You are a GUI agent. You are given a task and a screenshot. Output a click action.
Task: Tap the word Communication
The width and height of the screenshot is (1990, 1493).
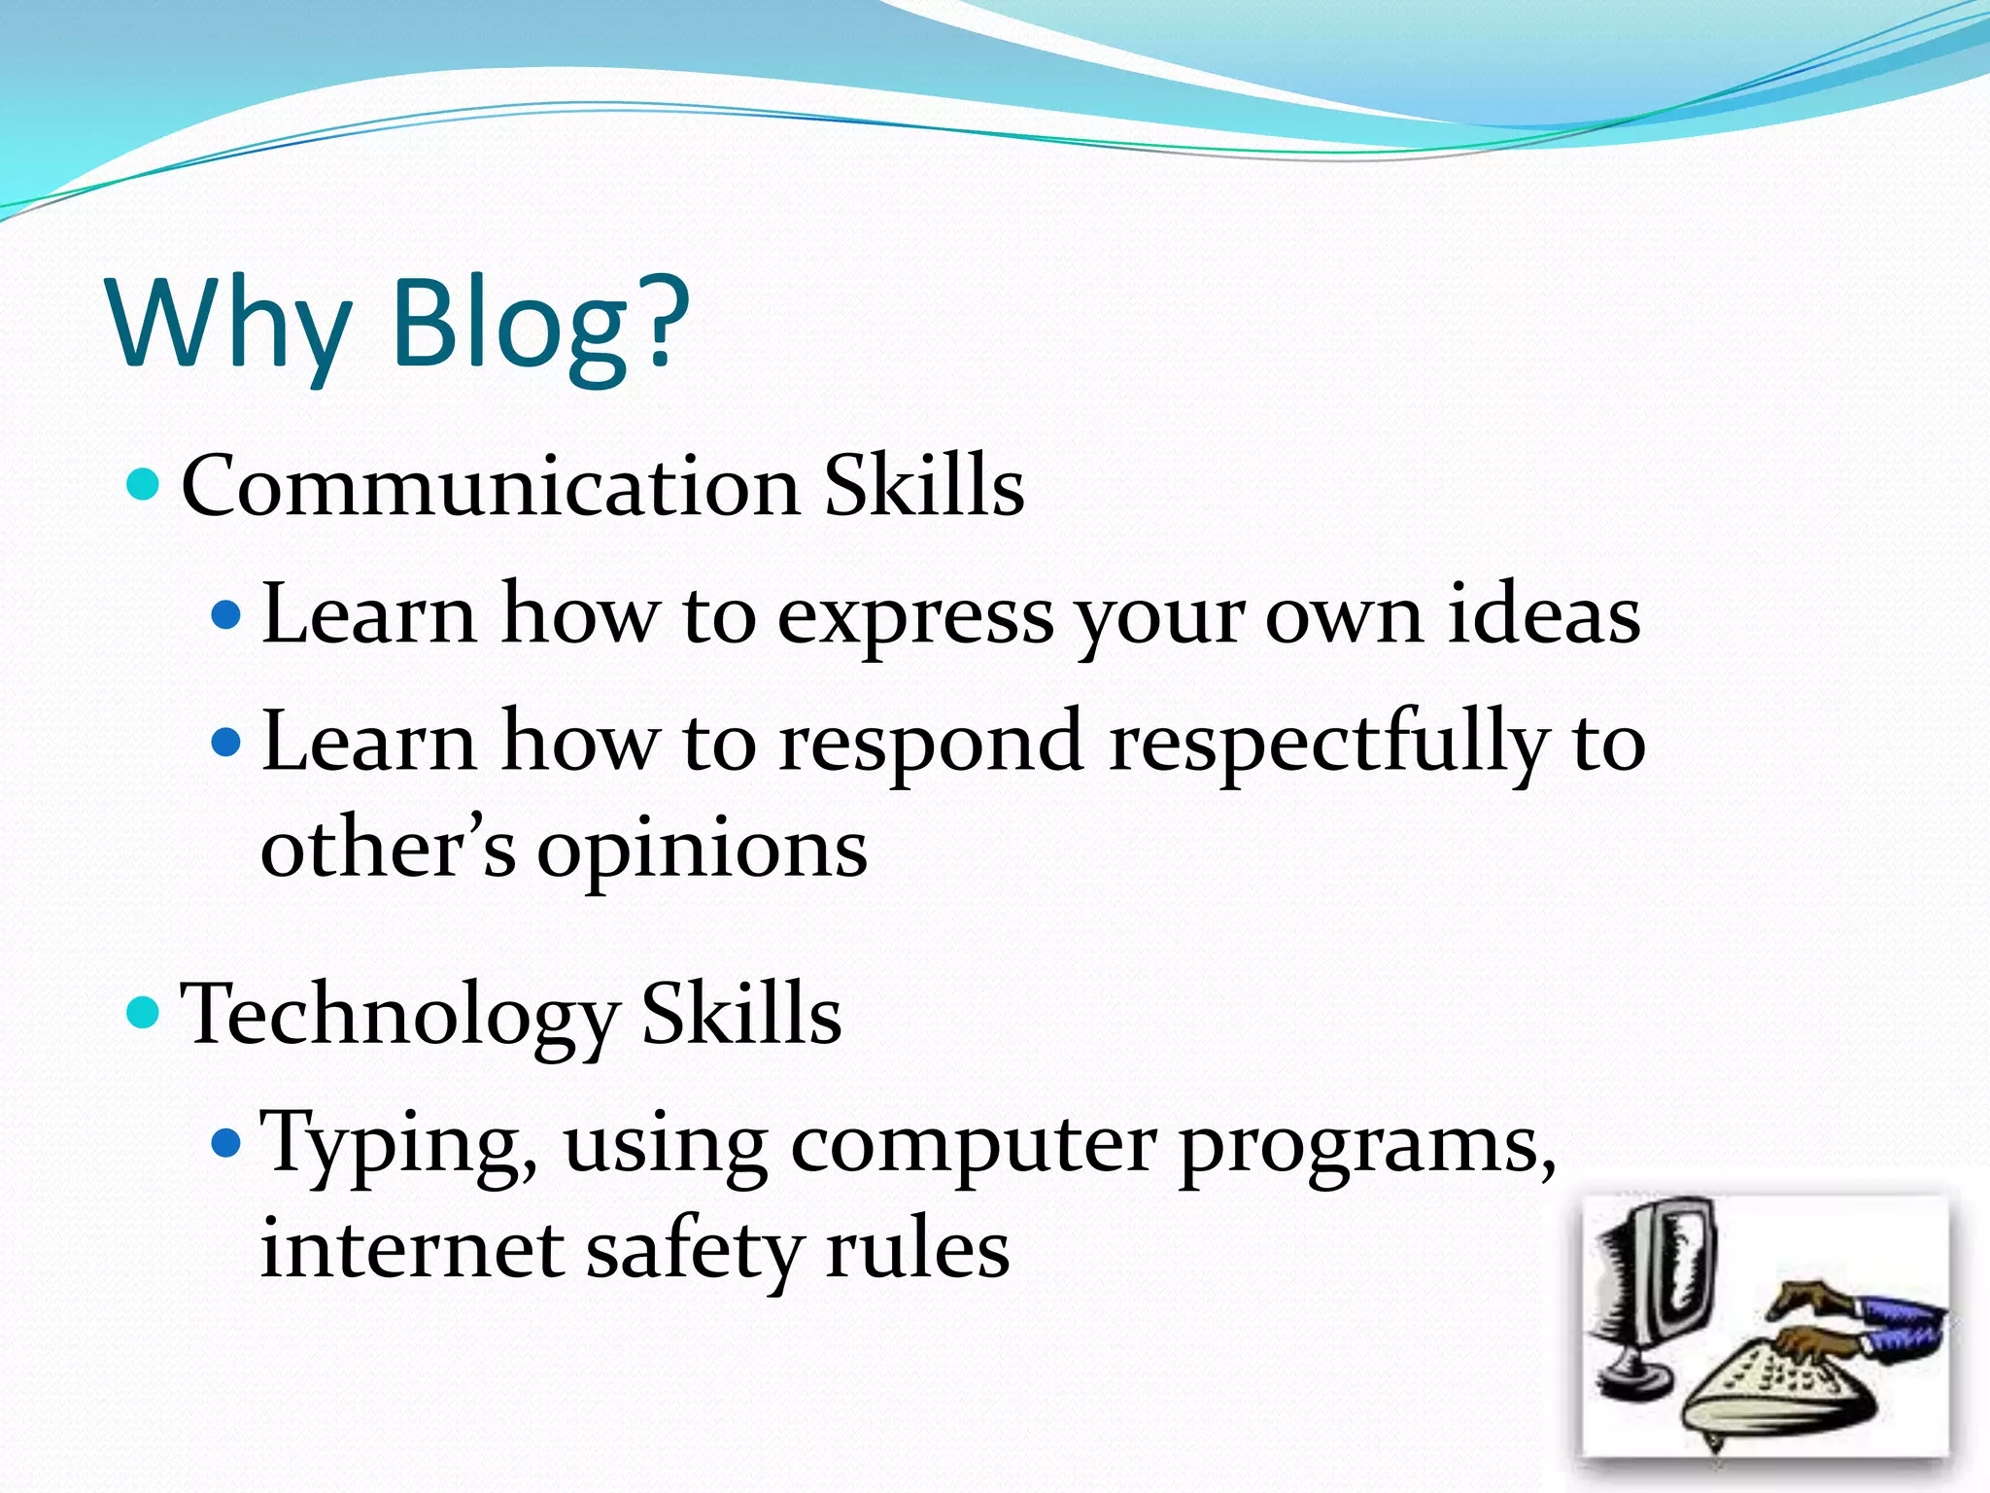click(491, 486)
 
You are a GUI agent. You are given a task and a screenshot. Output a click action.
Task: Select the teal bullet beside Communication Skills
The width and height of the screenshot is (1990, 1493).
click(144, 483)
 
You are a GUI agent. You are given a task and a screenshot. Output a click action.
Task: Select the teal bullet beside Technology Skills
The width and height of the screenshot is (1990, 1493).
click(144, 1012)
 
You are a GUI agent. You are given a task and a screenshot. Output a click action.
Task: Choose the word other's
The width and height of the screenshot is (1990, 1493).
click(388, 848)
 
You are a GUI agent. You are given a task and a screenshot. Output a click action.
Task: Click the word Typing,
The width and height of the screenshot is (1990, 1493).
click(399, 1145)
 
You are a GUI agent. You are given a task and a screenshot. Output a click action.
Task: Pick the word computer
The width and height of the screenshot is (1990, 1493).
click(973, 1145)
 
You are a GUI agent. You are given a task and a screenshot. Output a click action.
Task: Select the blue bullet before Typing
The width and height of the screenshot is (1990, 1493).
click(225, 1142)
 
